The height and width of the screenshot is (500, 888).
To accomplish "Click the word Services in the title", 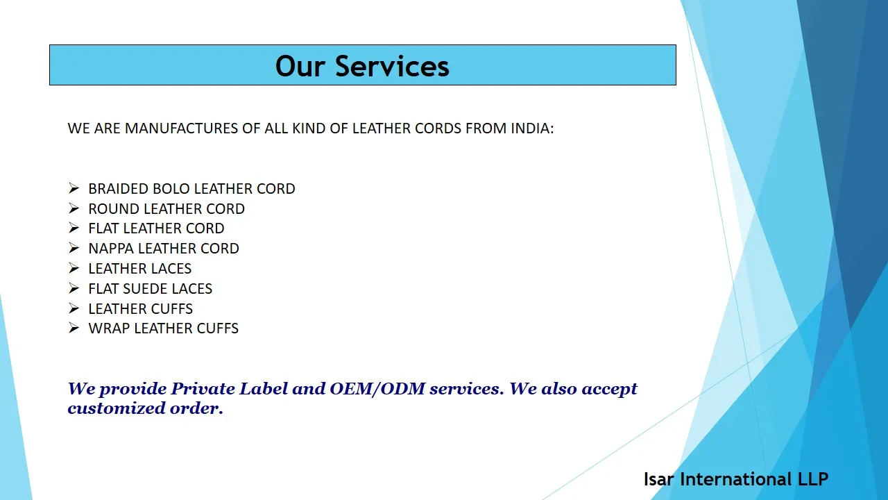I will tap(392, 66).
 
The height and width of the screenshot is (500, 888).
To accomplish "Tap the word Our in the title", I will tap(301, 66).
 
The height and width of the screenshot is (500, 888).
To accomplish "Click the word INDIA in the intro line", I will tap(531, 128).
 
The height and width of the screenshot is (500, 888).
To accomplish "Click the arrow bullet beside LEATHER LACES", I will tap(74, 268).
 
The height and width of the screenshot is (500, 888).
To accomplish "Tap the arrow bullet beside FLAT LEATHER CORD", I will tap(74, 228).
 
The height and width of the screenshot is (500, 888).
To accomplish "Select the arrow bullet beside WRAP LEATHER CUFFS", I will tap(74, 328).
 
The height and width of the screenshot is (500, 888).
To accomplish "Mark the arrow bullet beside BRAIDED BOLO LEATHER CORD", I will tap(74, 188).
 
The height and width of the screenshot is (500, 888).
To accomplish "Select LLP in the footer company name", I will tap(812, 479).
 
